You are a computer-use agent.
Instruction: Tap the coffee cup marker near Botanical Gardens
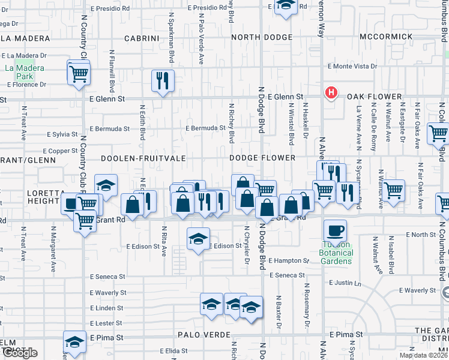click(334, 230)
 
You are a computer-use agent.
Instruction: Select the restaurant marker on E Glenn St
click(162, 81)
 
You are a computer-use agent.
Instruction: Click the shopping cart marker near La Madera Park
click(79, 74)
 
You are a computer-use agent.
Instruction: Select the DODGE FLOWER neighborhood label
click(263, 158)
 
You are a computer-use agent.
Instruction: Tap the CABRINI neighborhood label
click(142, 38)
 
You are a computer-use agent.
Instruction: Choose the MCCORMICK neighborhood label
click(387, 37)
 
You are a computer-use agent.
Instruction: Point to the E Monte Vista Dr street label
click(352, 67)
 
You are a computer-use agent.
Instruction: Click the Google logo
click(19, 353)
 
